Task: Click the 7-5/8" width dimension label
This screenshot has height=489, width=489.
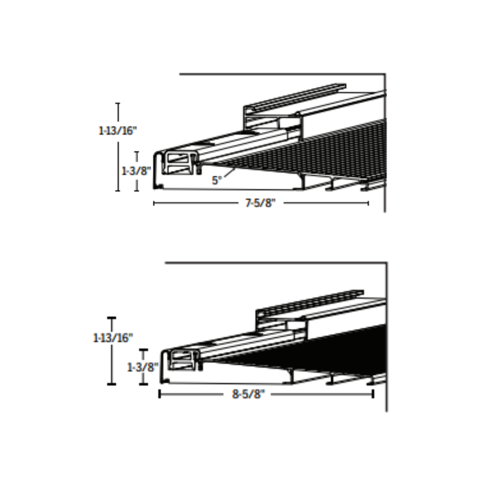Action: click(x=260, y=203)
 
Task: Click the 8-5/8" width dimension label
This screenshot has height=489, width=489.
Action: click(x=248, y=394)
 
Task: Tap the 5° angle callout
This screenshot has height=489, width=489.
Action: click(x=216, y=181)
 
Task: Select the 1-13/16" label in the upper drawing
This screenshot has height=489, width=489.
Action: click(x=118, y=131)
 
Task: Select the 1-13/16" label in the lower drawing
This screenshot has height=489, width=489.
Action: click(x=113, y=338)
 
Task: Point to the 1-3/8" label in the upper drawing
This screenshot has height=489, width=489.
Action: click(x=136, y=171)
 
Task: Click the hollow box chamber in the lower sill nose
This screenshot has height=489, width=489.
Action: click(x=182, y=360)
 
